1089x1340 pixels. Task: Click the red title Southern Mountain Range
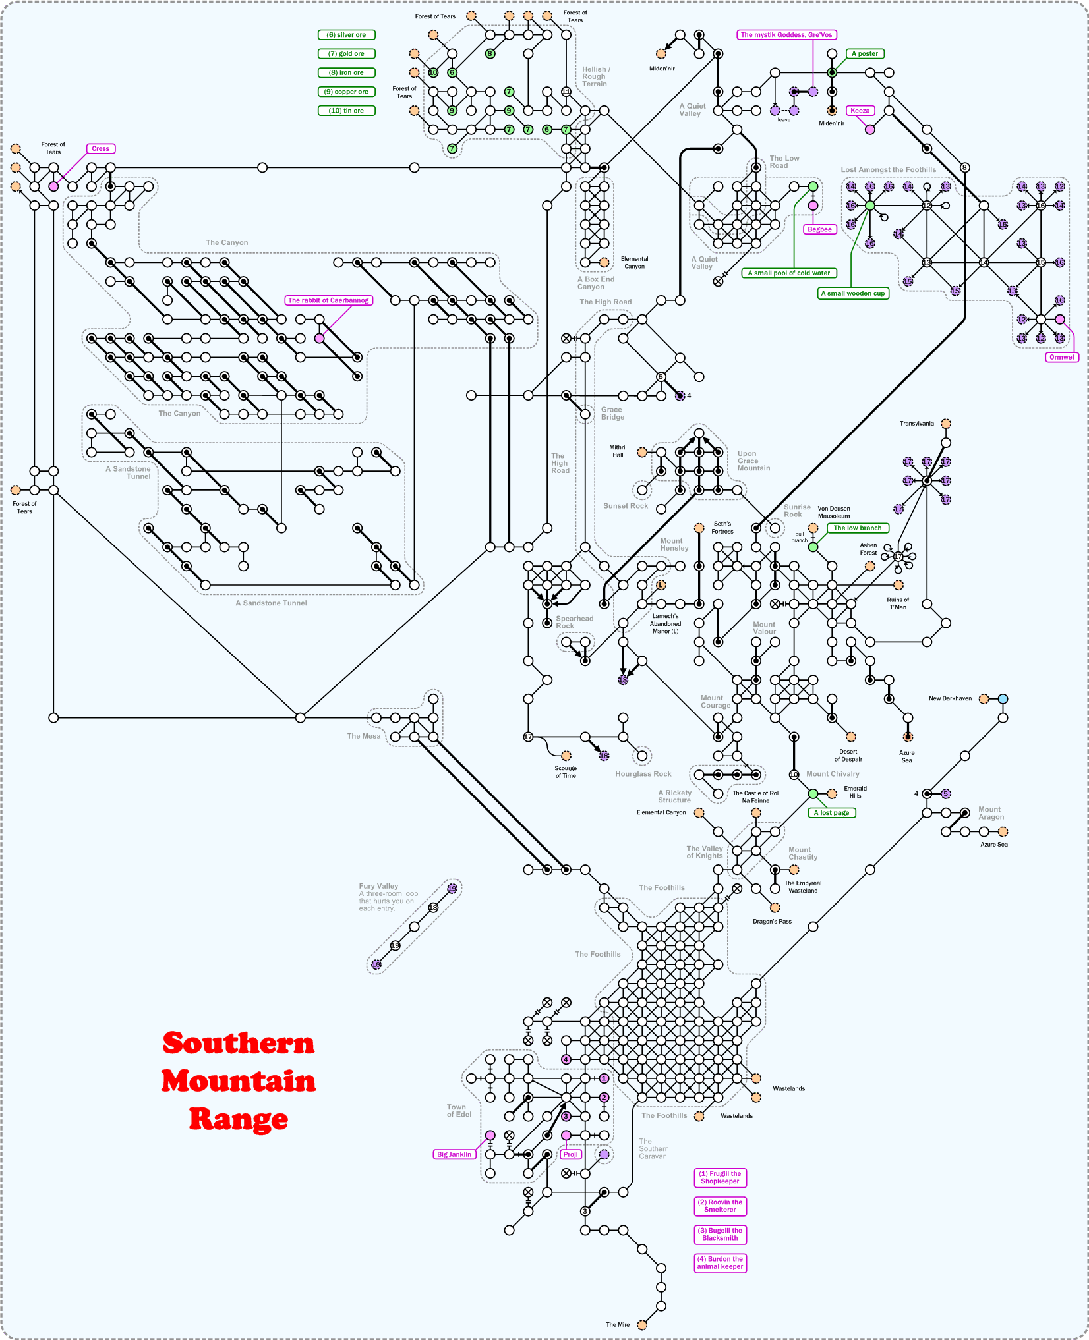point(239,1081)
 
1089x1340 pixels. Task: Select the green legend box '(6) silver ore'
point(346,35)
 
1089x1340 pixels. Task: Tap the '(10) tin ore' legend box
point(346,111)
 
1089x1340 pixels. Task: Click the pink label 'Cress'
point(101,149)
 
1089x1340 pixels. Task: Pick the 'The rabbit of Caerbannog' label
point(328,300)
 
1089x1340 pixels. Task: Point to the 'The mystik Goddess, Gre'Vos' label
point(786,35)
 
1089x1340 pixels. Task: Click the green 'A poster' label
point(864,54)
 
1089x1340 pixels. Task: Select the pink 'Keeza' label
point(860,111)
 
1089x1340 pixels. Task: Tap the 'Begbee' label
point(819,229)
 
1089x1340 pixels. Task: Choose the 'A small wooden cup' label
point(853,293)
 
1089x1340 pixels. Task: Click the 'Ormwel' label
point(1061,357)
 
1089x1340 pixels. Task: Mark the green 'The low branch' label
point(857,528)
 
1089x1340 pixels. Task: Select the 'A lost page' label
point(831,812)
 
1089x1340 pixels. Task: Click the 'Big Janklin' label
point(454,1154)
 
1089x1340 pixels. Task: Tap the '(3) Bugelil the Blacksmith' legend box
point(720,1234)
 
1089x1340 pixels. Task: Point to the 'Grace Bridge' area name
point(612,413)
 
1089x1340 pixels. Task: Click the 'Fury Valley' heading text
point(378,886)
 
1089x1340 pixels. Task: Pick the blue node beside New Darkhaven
point(1003,698)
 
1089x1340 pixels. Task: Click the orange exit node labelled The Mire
point(642,1325)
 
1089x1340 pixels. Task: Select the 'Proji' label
point(571,1154)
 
